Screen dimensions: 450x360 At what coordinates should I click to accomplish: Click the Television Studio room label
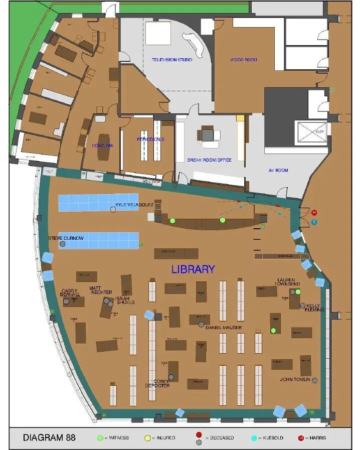click(x=172, y=60)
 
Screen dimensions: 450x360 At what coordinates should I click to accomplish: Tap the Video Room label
click(x=244, y=60)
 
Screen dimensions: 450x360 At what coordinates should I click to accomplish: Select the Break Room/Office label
click(x=209, y=160)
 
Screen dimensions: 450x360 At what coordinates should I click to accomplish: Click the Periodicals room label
click(x=150, y=139)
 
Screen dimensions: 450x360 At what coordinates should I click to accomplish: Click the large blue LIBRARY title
click(x=193, y=269)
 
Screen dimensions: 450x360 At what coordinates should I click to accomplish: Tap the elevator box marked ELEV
click(x=312, y=132)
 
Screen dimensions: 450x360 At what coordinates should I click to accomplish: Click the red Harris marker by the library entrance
click(x=314, y=212)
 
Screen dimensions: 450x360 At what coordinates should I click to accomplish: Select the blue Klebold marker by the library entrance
click(x=314, y=222)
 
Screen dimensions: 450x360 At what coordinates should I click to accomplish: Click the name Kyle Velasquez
click(x=134, y=205)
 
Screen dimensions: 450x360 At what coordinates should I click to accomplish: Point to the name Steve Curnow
click(x=66, y=238)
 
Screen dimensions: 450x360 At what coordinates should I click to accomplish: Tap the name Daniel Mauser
click(x=224, y=328)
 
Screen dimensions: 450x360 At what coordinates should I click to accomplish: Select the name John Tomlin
click(x=295, y=379)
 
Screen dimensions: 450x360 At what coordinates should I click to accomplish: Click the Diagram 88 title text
click(x=49, y=438)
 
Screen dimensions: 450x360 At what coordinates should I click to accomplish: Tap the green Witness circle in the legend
click(x=100, y=438)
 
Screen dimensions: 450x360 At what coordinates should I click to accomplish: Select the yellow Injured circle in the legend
click(x=147, y=438)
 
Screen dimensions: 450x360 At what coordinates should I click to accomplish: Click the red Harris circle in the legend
click(x=301, y=438)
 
